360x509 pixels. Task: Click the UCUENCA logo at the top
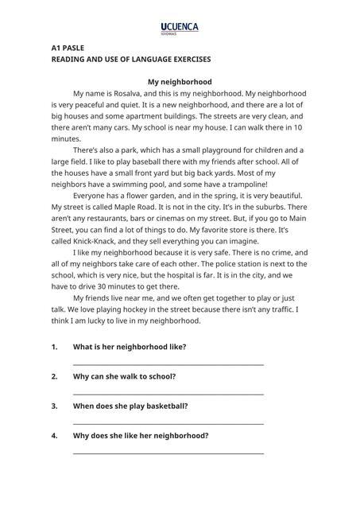(180, 29)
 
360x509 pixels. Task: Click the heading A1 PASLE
(68, 48)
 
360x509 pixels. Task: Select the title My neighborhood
(180, 81)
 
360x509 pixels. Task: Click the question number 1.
(54, 347)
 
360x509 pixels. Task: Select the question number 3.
(54, 406)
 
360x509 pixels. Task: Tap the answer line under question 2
(168, 394)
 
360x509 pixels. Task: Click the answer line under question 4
(168, 453)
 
